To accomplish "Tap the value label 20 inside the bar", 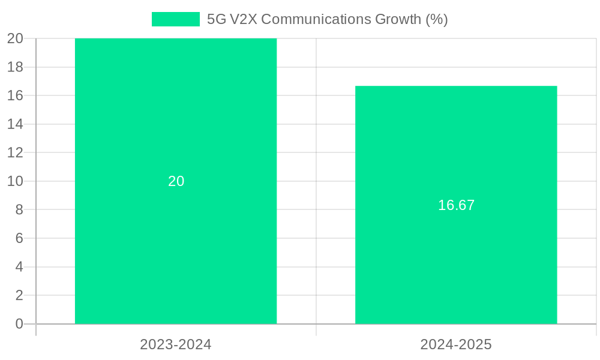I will coord(176,181).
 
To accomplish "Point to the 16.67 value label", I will coord(456,205).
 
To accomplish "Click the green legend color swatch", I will coord(175,19).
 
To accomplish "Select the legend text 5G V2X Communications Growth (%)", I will coord(327,19).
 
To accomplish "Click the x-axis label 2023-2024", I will coord(176,344).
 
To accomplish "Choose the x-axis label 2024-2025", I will coord(456,344).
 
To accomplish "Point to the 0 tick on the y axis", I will coord(19,324).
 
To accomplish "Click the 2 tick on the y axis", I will coord(19,295).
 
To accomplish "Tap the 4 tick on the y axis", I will coord(19,267).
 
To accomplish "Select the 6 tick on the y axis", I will coord(19,238).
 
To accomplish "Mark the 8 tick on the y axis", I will coord(19,209).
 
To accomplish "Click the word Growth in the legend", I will coord(398,19).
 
